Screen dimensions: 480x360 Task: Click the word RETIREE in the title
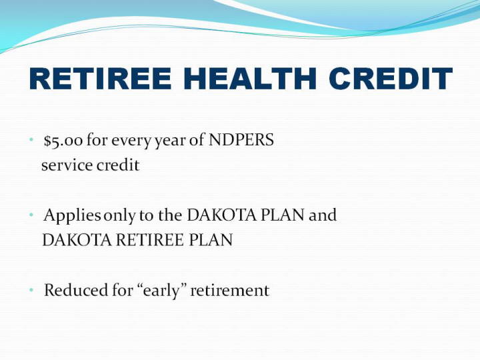(x=100, y=79)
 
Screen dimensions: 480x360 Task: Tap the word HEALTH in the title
(x=250, y=79)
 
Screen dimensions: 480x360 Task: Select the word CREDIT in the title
(x=391, y=79)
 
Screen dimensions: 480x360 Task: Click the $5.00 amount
(x=63, y=141)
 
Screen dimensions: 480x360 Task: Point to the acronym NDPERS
(x=241, y=140)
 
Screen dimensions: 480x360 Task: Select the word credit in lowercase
(x=118, y=165)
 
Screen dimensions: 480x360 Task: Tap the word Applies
(x=72, y=216)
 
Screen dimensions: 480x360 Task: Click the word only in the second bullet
(x=120, y=216)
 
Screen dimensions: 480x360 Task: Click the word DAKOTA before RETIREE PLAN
(x=77, y=240)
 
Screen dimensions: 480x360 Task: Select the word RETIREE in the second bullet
(x=150, y=240)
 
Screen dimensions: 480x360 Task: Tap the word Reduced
(x=76, y=290)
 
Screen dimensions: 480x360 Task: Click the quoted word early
(x=161, y=291)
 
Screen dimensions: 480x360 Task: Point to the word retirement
(x=229, y=291)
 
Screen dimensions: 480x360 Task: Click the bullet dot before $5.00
(x=31, y=139)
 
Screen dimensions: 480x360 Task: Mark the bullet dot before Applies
(x=31, y=215)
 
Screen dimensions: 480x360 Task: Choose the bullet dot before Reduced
(x=31, y=289)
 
